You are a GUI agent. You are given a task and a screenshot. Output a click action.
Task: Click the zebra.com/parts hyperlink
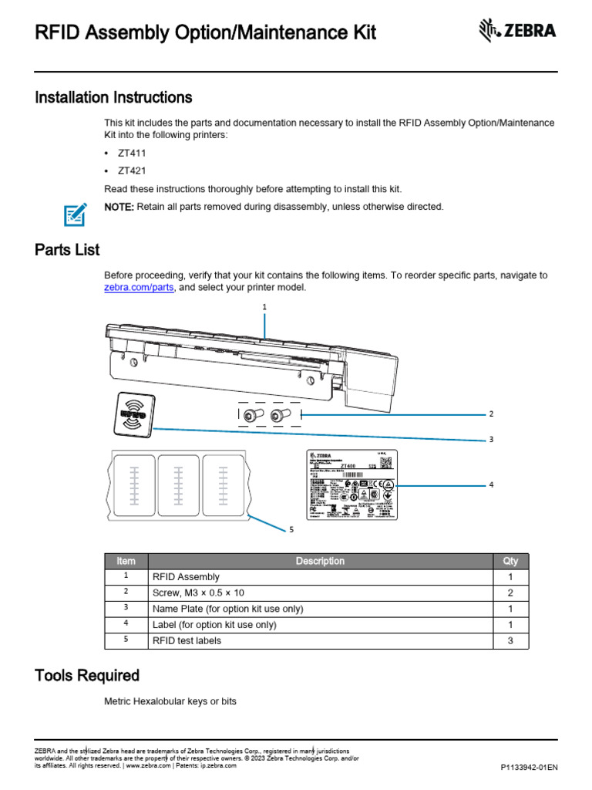tap(139, 288)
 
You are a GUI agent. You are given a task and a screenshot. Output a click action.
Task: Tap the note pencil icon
tap(75, 212)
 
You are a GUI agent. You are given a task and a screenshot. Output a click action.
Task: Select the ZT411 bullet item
tap(131, 154)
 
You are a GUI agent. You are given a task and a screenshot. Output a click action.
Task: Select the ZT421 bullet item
tap(131, 170)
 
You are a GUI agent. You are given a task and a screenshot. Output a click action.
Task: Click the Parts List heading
tap(67, 250)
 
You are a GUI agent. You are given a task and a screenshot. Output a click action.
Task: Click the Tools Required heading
tap(87, 676)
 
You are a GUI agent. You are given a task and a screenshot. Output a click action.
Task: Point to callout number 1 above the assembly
tap(264, 306)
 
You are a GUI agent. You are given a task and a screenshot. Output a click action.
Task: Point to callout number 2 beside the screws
tap(491, 414)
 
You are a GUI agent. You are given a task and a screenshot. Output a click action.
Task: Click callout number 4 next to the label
tap(491, 484)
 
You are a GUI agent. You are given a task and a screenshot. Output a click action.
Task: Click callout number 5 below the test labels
tap(291, 529)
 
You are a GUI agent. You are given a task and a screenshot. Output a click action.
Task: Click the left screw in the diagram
tap(252, 415)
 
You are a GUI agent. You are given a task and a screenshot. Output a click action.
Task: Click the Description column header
tap(320, 561)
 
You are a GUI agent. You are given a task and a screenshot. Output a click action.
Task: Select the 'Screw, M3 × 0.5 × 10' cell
tap(198, 592)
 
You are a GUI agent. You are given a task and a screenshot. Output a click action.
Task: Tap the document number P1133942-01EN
tap(529, 768)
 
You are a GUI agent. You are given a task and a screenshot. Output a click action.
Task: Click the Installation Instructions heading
tap(113, 98)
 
